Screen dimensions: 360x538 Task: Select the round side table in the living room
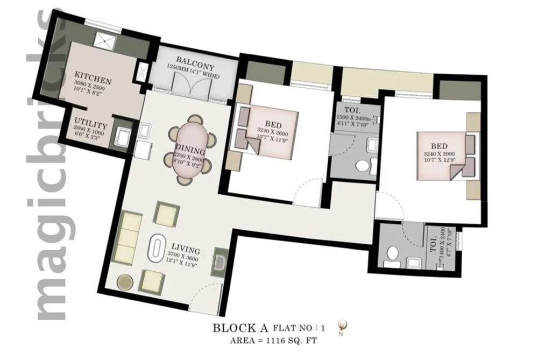[126, 283]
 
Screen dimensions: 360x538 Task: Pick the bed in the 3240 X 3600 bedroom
[269, 134]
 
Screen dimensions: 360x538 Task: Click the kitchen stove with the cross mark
[102, 39]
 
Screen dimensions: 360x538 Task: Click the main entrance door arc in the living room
[204, 299]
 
